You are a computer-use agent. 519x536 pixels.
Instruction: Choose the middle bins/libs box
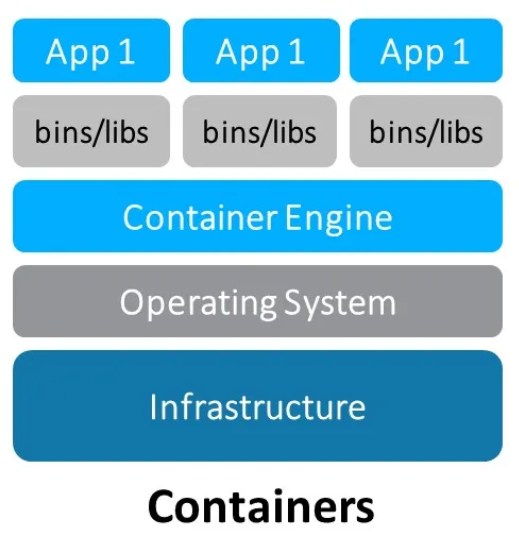coord(260,131)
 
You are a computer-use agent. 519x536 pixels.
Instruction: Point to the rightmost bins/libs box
coord(426,131)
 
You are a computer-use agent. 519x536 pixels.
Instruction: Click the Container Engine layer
coord(258,216)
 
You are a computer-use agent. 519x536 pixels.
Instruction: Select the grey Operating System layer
coord(258,301)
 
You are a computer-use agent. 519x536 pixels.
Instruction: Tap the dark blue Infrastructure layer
coord(258,406)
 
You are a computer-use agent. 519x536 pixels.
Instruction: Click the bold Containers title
coord(260,506)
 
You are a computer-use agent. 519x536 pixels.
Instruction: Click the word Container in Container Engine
coord(200,217)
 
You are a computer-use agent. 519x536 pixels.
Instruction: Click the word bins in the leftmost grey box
coord(59,132)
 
